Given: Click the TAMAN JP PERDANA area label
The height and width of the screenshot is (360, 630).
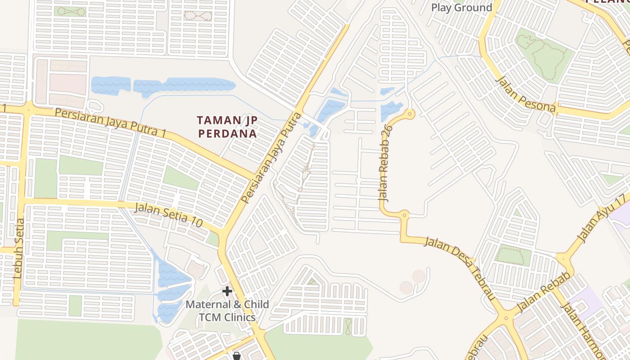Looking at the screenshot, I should click(x=227, y=127).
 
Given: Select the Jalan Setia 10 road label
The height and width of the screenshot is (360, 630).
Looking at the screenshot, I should click(x=168, y=215).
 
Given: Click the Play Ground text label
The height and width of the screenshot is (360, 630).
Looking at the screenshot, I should click(x=461, y=8).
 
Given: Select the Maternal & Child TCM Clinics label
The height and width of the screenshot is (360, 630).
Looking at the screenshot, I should click(x=227, y=310).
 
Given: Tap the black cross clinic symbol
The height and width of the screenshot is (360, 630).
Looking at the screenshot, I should click(x=227, y=291).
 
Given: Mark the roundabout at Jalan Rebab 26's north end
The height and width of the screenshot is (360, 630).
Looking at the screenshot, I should click(x=409, y=114).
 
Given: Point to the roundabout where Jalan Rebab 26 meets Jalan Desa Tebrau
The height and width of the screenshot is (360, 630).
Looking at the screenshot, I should click(x=404, y=215).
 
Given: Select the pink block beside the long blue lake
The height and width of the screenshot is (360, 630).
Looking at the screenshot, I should click(x=67, y=84).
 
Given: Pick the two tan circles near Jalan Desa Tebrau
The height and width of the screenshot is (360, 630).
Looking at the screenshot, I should click(x=413, y=282).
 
